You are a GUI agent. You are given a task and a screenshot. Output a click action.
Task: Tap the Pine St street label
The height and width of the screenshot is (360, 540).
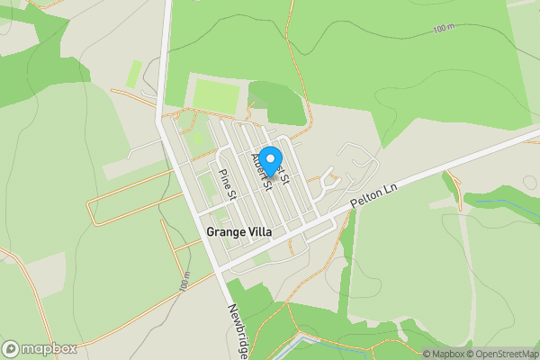pos(227,183)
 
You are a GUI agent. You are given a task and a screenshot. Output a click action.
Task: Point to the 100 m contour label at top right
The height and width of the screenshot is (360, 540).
pos(444,29)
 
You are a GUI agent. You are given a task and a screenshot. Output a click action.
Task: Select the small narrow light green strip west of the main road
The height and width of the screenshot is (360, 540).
pos(135,74)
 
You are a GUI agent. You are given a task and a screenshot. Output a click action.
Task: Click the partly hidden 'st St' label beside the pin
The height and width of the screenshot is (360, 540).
pos(284,173)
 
